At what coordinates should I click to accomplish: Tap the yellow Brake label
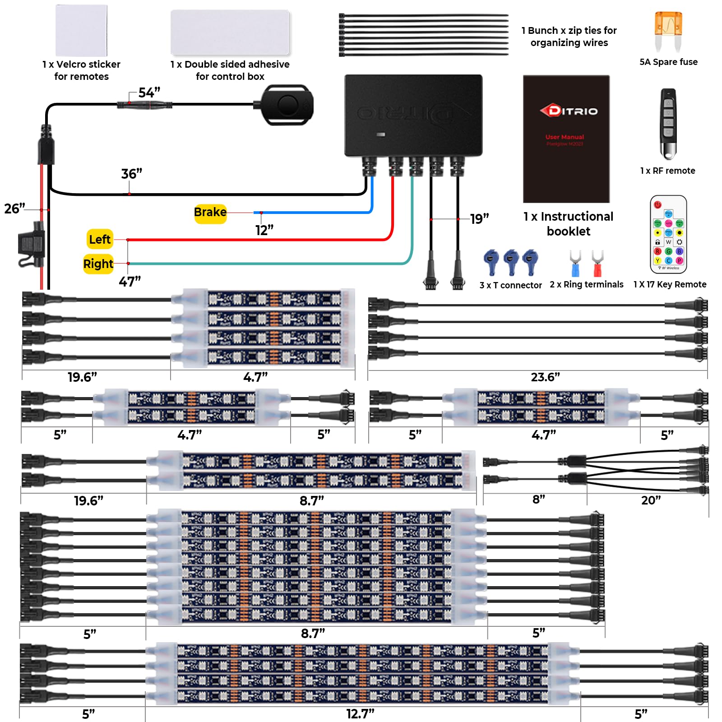coord(210,213)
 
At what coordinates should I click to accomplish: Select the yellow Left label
coord(100,240)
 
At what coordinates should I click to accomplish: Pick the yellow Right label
coord(98,264)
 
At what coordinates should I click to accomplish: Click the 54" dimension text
coord(149,93)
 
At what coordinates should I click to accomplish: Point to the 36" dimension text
coord(132,174)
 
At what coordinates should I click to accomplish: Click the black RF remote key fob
coord(668,123)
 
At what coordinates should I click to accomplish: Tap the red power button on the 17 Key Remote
coord(657,204)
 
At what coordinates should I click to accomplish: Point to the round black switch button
coord(287,106)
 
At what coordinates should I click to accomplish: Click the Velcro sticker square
coord(81,31)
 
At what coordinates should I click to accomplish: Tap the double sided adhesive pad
coord(230,32)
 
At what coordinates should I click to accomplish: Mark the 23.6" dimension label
coord(545,377)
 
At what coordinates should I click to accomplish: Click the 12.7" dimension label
coord(360,714)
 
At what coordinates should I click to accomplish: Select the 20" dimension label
coord(651,500)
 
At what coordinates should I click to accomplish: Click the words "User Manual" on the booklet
coord(565,137)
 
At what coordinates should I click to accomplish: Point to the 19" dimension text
coord(479,219)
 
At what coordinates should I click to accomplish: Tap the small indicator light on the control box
coord(381,134)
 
